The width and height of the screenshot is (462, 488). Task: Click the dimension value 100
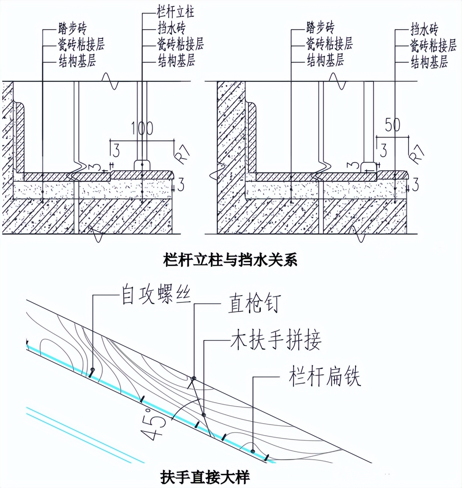pyautogui.click(x=142, y=128)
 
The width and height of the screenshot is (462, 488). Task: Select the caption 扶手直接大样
pyautogui.click(x=205, y=477)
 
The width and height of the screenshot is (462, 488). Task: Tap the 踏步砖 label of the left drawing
pyautogui.click(x=73, y=28)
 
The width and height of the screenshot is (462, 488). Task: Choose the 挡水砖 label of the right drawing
pyautogui.click(x=424, y=29)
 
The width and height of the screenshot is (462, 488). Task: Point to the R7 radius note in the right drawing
pyautogui.click(x=417, y=153)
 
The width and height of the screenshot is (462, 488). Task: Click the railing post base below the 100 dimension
pyautogui.click(x=142, y=166)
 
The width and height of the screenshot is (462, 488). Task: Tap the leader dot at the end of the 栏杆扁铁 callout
pyautogui.click(x=253, y=451)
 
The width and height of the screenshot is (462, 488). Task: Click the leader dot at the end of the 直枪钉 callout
pyautogui.click(x=194, y=379)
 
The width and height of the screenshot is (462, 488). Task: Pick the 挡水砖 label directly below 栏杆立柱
pyautogui.click(x=171, y=28)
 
